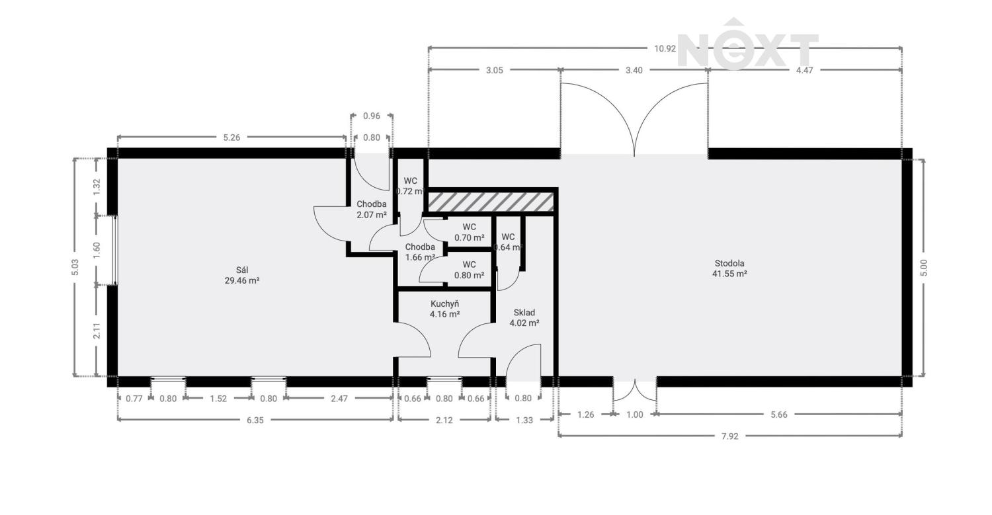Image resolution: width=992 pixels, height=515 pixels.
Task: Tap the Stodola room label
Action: [729, 268]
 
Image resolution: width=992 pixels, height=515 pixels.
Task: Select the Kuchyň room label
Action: [444, 309]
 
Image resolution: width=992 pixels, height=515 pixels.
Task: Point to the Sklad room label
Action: [524, 318]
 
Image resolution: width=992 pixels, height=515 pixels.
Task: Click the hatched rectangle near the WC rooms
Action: [490, 202]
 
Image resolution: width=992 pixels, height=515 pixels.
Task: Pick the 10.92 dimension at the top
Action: [665, 48]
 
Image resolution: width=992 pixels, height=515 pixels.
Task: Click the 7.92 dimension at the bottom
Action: [729, 436]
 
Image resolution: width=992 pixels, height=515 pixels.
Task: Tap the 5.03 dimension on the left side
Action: [75, 267]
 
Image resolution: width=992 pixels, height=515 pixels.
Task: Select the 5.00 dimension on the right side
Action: [924, 267]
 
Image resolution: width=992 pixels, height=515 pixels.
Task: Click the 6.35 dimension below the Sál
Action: [255, 420]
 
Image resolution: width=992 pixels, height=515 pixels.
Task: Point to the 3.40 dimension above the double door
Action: [634, 69]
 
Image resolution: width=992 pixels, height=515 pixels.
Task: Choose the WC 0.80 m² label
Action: [470, 270]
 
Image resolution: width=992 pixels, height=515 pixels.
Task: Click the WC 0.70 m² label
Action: [470, 232]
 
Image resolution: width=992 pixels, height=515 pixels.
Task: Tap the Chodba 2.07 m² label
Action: [371, 210]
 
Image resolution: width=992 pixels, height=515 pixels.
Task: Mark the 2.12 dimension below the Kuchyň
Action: [444, 420]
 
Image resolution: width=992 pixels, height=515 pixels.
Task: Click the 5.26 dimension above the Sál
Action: [231, 138]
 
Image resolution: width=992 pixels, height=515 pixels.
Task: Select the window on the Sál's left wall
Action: [115, 250]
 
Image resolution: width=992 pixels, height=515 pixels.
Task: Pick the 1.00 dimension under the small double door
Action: [635, 415]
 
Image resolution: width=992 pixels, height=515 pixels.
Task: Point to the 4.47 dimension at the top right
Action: [804, 69]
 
